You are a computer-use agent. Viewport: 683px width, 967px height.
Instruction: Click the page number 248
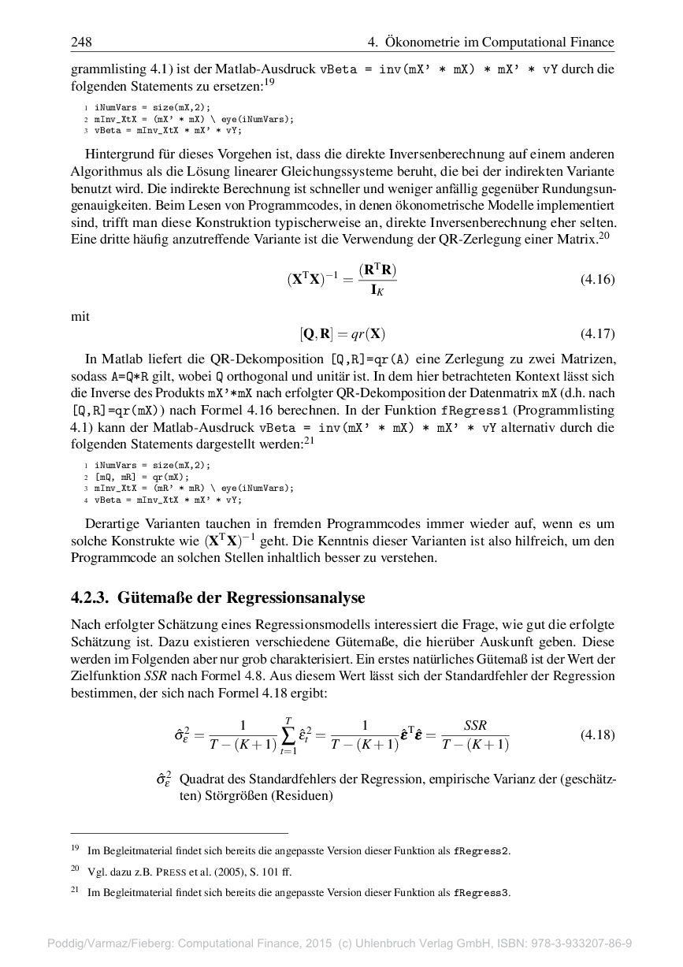pyautogui.click(x=81, y=42)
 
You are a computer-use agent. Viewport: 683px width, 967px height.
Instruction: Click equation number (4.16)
pyautogui.click(x=596, y=279)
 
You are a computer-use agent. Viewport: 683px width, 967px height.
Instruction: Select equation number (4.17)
pyautogui.click(x=596, y=333)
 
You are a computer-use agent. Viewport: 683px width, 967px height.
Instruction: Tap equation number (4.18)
pyautogui.click(x=596, y=735)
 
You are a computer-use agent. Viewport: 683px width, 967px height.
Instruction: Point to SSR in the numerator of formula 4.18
pyautogui.click(x=475, y=725)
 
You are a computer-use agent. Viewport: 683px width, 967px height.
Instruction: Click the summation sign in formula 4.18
pyautogui.click(x=288, y=735)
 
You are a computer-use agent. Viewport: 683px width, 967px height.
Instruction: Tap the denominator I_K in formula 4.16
pyautogui.click(x=377, y=291)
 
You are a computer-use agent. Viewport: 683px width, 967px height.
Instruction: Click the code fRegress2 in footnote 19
pyautogui.click(x=481, y=851)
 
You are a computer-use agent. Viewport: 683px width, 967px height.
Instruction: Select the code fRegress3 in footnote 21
pyautogui.click(x=481, y=893)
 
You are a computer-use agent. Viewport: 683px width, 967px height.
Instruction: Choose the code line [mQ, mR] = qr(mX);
pyautogui.click(x=142, y=477)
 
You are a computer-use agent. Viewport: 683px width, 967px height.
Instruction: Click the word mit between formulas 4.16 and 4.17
pyautogui.click(x=80, y=316)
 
